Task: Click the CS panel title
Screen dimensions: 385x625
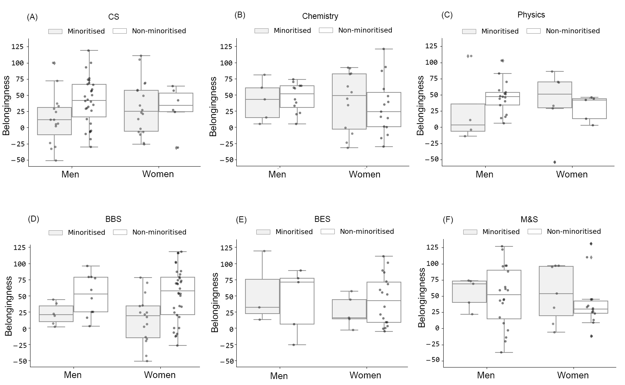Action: (113, 17)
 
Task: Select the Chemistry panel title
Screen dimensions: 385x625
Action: (320, 16)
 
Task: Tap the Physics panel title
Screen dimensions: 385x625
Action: (531, 15)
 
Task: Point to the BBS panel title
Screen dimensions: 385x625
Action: (113, 219)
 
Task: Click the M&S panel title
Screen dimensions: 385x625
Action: (529, 219)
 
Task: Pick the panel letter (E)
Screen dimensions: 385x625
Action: (241, 220)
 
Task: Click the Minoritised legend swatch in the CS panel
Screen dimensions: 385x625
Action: (55, 31)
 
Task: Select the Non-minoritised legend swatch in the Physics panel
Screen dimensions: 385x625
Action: (533, 31)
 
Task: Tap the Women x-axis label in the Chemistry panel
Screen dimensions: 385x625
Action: (364, 174)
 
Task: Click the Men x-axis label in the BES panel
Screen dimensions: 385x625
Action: (279, 376)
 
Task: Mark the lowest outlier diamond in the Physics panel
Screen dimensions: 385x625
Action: (555, 162)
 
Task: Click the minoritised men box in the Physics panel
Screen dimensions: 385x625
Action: (468, 118)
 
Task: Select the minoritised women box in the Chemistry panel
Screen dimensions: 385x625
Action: (349, 101)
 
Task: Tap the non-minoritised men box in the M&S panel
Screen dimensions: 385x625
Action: (504, 294)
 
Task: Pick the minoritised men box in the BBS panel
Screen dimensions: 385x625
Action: (56, 314)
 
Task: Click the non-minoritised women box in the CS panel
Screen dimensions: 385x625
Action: (176, 102)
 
